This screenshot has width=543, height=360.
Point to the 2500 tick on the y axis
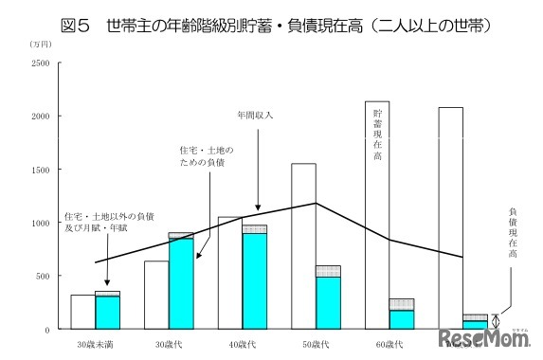click(40, 63)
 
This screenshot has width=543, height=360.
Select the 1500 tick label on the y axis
click(40, 170)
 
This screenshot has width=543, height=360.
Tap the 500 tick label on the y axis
click(43, 276)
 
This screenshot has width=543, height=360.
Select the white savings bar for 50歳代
click(303, 246)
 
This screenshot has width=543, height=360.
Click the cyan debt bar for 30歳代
click(181, 283)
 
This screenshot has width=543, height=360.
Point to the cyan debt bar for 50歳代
click(328, 302)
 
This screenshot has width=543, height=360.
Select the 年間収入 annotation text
click(255, 116)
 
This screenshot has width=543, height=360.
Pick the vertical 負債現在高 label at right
click(513, 233)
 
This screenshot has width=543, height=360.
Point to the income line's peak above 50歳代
click(316, 203)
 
